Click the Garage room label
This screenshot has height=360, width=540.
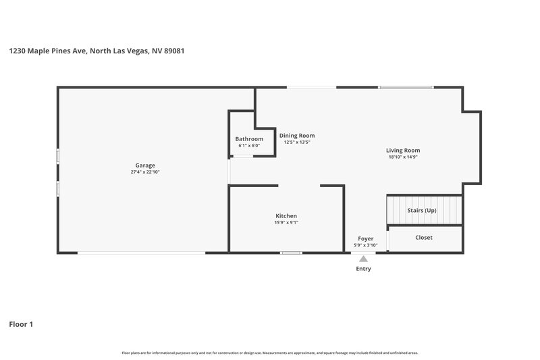coord(145,165)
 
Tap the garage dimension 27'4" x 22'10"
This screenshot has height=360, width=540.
coord(145,172)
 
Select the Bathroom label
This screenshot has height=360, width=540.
coord(249,138)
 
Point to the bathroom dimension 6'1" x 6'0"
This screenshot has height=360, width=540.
coord(249,145)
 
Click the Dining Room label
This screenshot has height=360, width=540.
coord(297,135)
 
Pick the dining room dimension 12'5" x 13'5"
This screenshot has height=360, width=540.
coord(297,143)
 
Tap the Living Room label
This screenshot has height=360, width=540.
coord(403,150)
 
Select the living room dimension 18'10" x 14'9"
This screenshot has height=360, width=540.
coord(403,157)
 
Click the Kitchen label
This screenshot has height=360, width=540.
coord(286,215)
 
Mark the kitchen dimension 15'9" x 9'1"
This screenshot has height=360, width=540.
coord(286,223)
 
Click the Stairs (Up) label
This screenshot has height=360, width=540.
coord(422,210)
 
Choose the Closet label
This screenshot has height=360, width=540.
coord(424,237)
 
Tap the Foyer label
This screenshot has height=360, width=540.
coord(365,238)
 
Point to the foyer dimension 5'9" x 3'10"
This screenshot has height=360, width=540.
coord(365,245)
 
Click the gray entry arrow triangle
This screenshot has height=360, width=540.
coord(363,259)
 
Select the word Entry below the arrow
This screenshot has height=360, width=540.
coord(363,269)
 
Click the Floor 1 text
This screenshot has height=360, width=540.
coord(21,324)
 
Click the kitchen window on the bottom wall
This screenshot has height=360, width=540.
coord(291,253)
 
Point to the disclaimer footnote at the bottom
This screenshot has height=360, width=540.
coord(269,353)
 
